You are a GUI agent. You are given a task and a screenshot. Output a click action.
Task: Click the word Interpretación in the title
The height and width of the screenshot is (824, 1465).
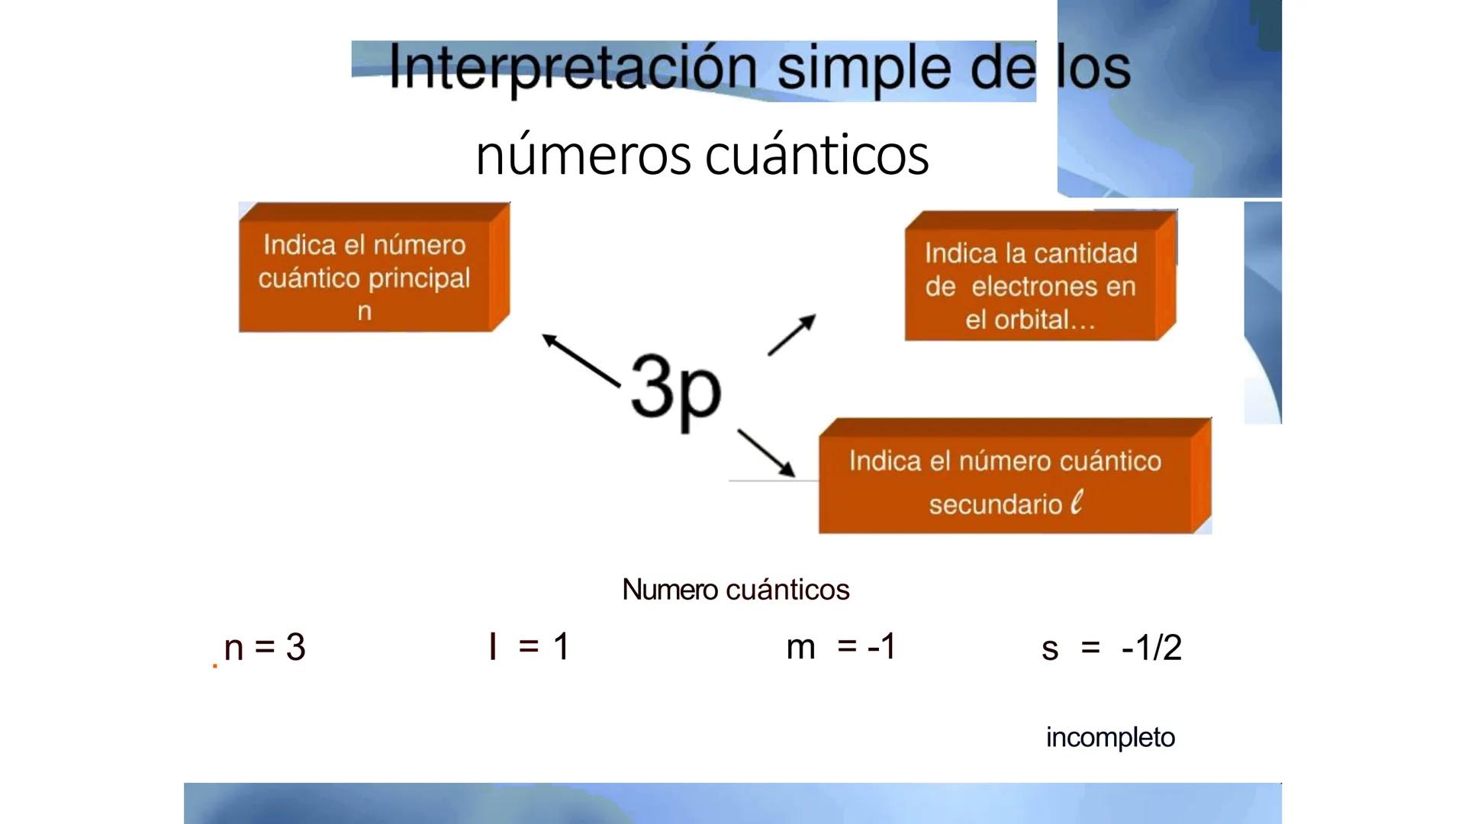click(x=572, y=67)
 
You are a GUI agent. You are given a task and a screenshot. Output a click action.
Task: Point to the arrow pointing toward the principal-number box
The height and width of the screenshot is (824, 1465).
click(x=581, y=360)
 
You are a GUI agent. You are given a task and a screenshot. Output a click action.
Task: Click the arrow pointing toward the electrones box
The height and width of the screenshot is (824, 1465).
click(x=791, y=335)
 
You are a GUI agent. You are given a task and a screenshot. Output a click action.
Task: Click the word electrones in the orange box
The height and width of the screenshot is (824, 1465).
click(x=1053, y=287)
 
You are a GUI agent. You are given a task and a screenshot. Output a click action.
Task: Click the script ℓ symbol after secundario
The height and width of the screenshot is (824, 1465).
click(x=1077, y=503)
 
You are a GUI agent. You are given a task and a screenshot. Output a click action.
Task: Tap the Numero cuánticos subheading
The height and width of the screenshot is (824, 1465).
click(x=736, y=590)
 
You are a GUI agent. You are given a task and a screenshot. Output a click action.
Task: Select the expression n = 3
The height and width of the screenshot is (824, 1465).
click(x=265, y=648)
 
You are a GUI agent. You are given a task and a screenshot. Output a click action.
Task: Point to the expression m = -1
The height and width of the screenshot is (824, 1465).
click(x=841, y=647)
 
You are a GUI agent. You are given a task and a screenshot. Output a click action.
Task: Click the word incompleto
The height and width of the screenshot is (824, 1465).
click(x=1110, y=738)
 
